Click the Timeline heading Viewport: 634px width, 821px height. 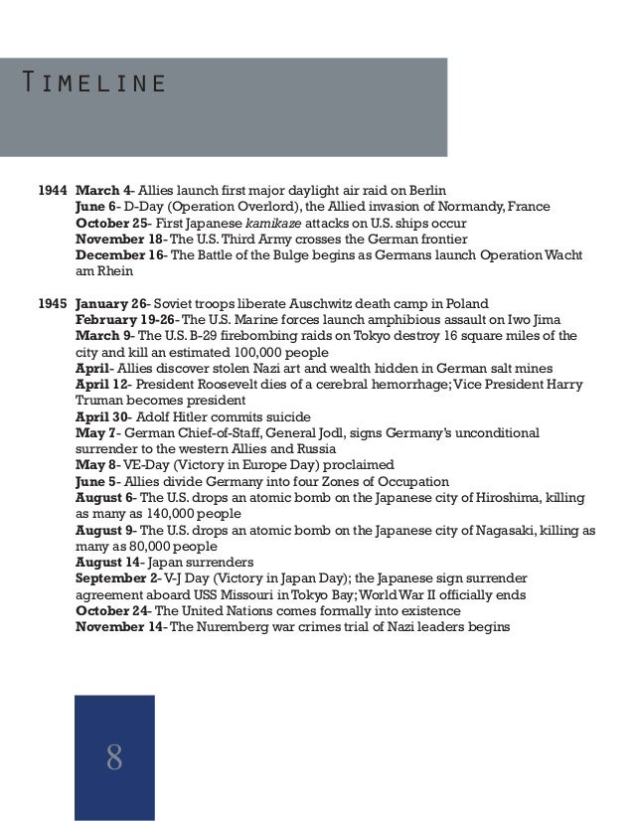point(95,82)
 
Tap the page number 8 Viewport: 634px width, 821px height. point(114,758)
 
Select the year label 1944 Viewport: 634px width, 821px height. point(53,190)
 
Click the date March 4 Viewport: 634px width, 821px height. point(104,190)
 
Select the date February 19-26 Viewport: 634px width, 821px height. point(126,319)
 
